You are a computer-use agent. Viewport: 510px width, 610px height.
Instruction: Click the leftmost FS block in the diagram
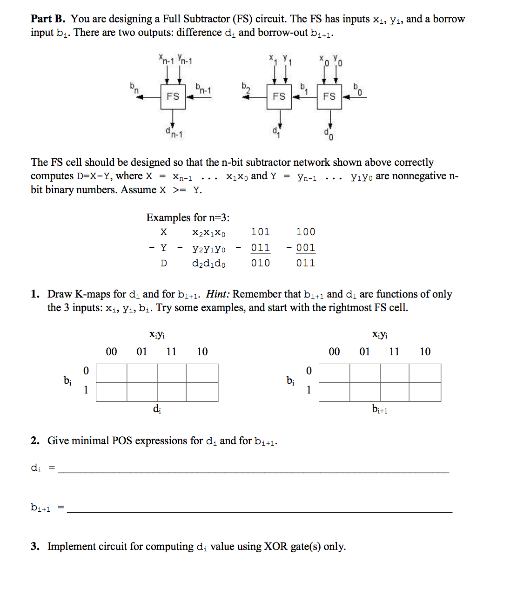(x=173, y=96)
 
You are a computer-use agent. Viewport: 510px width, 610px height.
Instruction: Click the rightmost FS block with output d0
(x=329, y=96)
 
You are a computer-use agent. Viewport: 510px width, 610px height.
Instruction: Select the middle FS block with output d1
(x=279, y=96)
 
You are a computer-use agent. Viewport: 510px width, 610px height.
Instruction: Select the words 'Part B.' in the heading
(x=48, y=19)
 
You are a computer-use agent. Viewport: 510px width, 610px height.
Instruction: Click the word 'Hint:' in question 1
(x=218, y=294)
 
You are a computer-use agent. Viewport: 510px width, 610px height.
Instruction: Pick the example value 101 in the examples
(x=260, y=232)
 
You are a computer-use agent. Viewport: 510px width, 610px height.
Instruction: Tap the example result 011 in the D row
(x=305, y=263)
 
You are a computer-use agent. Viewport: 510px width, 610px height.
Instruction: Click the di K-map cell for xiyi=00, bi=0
(x=112, y=373)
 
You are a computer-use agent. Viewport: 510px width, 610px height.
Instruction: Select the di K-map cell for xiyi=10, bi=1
(x=202, y=392)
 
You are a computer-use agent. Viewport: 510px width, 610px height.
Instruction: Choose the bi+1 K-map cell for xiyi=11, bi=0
(x=395, y=373)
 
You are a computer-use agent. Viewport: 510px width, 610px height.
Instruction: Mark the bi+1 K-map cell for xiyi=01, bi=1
(x=365, y=392)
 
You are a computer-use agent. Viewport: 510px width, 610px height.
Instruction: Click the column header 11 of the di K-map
(x=171, y=352)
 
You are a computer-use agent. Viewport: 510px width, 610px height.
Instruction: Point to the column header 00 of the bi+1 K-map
(x=334, y=352)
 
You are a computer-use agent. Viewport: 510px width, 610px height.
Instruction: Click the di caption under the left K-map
(x=157, y=409)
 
